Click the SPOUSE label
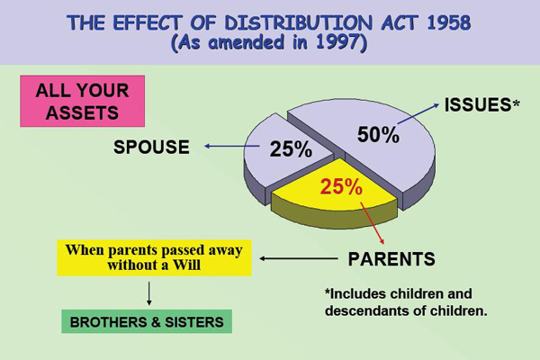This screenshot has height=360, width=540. pos(152,148)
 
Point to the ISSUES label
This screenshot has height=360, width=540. pos(478,105)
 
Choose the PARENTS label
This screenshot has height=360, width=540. pos(391,259)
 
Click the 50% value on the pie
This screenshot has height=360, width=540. pos(377,134)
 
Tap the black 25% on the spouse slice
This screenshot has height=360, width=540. pos(291,148)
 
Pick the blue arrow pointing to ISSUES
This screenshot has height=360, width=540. pos(419,117)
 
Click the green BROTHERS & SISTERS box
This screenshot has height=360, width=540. pos(147,321)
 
